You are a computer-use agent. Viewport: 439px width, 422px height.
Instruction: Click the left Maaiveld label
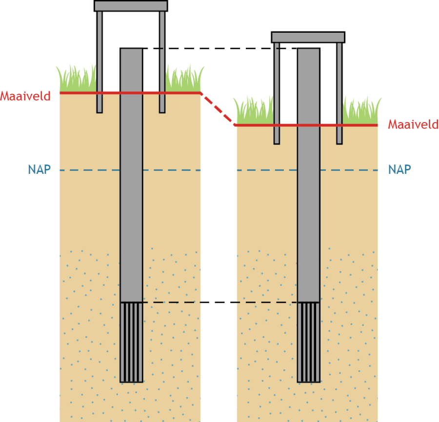click(25, 96)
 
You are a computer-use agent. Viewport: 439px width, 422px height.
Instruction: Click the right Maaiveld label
click(413, 125)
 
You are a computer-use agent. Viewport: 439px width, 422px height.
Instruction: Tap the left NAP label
click(39, 170)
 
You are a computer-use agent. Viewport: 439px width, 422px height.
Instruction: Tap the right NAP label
click(399, 169)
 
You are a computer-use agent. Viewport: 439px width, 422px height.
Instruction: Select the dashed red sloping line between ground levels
click(218, 109)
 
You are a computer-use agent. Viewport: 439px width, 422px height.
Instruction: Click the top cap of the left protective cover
click(131, 6)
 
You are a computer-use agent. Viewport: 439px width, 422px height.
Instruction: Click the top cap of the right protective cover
click(308, 37)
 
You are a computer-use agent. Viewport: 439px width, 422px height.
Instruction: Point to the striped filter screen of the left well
click(131, 342)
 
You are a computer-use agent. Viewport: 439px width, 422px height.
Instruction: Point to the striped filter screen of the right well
click(309, 342)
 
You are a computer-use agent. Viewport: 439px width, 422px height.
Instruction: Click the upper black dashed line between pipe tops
click(219, 48)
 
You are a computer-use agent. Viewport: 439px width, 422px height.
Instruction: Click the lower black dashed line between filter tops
click(219, 302)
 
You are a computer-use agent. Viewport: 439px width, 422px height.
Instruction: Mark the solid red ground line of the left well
click(78, 92)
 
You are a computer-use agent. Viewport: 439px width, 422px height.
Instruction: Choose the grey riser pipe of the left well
click(131, 195)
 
